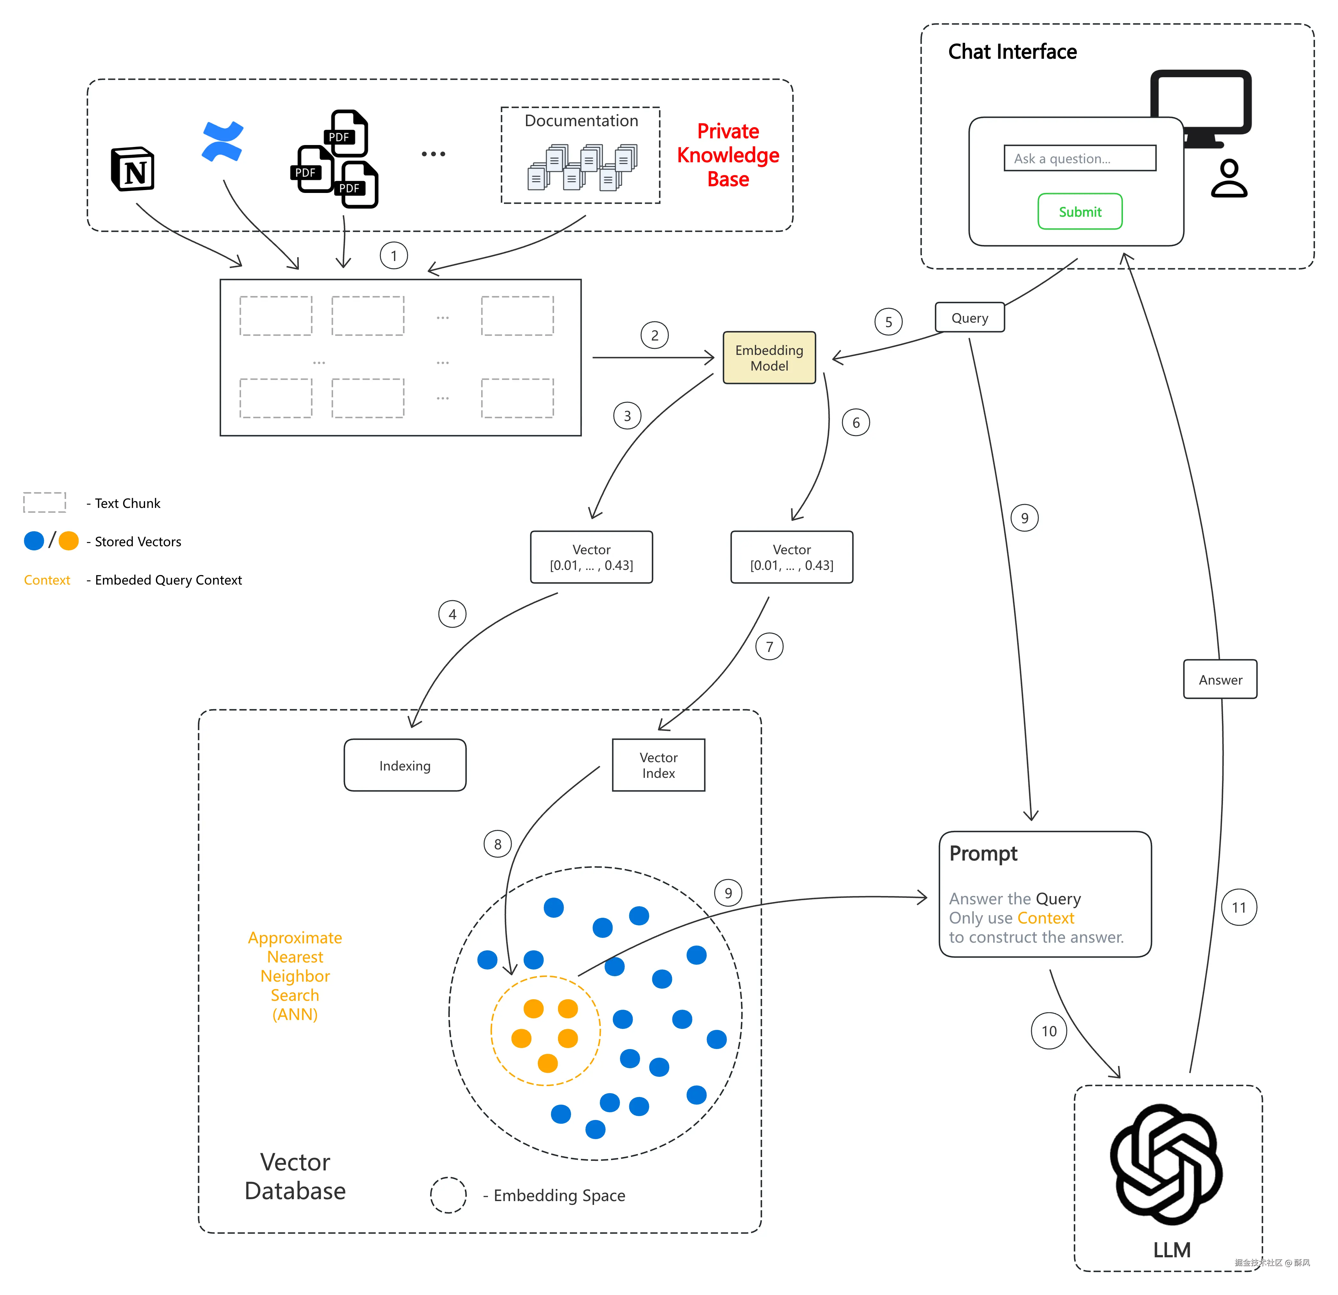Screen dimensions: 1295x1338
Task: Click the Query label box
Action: click(969, 318)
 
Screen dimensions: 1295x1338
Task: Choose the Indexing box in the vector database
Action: click(405, 766)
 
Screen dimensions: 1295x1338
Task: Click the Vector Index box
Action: click(658, 766)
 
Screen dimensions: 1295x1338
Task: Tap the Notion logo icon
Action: click(133, 169)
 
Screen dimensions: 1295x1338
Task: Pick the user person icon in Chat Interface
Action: click(1229, 179)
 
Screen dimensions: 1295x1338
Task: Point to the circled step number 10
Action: click(1048, 1031)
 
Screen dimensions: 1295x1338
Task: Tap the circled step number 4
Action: click(452, 614)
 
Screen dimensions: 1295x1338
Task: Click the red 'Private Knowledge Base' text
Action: click(728, 155)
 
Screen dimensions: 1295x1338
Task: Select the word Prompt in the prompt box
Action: click(983, 854)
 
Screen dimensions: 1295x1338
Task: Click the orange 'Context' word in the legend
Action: click(47, 580)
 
